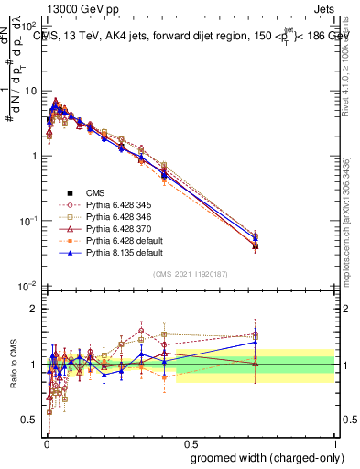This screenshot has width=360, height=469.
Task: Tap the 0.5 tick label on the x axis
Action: pyautogui.click(x=191, y=442)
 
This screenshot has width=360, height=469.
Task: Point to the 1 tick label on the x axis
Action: pyautogui.click(x=334, y=442)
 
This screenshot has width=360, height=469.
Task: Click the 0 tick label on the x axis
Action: pyautogui.click(x=46, y=442)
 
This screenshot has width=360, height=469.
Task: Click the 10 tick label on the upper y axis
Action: pyautogui.click(x=29, y=91)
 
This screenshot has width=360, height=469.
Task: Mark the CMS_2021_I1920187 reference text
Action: pyautogui.click(x=190, y=275)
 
